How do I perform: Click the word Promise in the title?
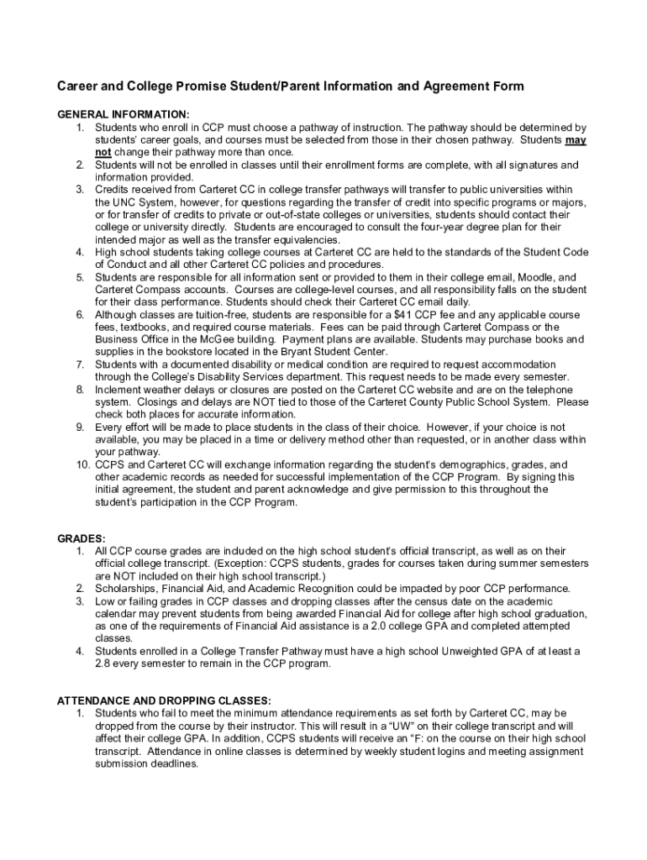pos(207,87)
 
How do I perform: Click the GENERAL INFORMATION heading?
pos(123,113)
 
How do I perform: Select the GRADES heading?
pos(82,537)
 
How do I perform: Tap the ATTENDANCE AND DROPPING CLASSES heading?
pos(164,700)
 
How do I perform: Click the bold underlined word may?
pos(576,140)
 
